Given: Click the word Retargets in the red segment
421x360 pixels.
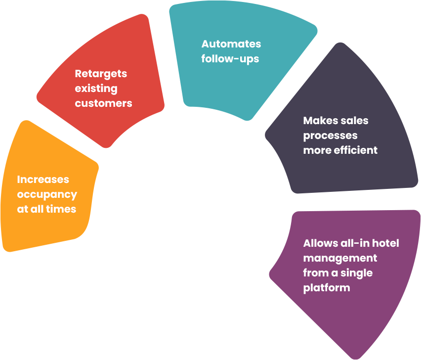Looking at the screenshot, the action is (101, 74).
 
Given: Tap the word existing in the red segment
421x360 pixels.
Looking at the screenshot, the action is (96, 89).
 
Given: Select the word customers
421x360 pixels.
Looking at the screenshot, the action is (104, 103).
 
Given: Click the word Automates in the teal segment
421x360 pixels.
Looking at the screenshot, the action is (231, 44).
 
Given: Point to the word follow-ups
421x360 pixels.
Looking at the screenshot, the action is (230, 59).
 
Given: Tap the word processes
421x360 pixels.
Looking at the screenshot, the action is (331, 136).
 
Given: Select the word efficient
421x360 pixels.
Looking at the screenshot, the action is (355, 150).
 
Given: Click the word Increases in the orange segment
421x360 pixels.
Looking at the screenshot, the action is (43, 180).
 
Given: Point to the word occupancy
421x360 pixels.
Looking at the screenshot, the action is (47, 195).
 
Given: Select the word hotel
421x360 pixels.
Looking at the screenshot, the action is (385, 243).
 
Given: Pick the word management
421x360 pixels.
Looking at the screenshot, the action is (340, 259).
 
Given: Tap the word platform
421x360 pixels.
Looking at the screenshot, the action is (327, 288).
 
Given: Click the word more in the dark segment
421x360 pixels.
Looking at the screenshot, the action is (317, 151).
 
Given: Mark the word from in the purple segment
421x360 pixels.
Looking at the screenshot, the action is (315, 272).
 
